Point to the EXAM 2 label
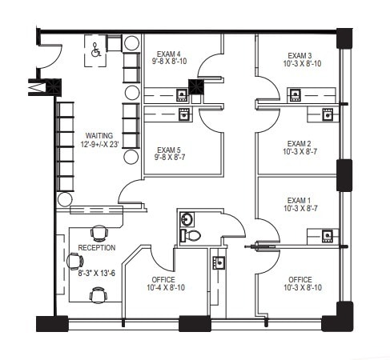300,145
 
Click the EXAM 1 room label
300,201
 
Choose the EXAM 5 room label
169,150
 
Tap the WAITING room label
99,136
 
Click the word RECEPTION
96,248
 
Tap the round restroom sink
187,218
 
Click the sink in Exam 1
327,234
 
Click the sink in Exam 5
184,114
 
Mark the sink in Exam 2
328,114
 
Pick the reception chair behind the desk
74,261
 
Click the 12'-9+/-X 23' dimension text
99,146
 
